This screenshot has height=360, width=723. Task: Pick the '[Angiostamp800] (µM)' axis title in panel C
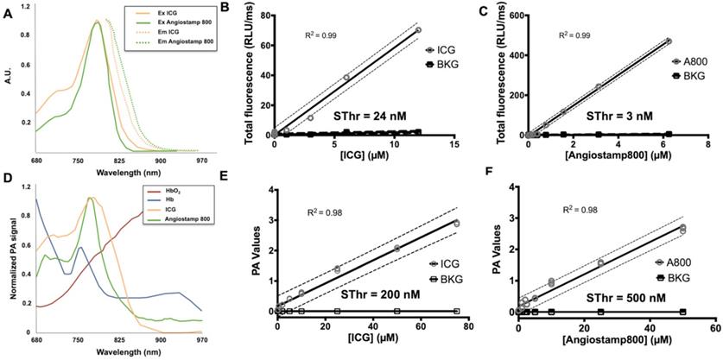tap(606, 161)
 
